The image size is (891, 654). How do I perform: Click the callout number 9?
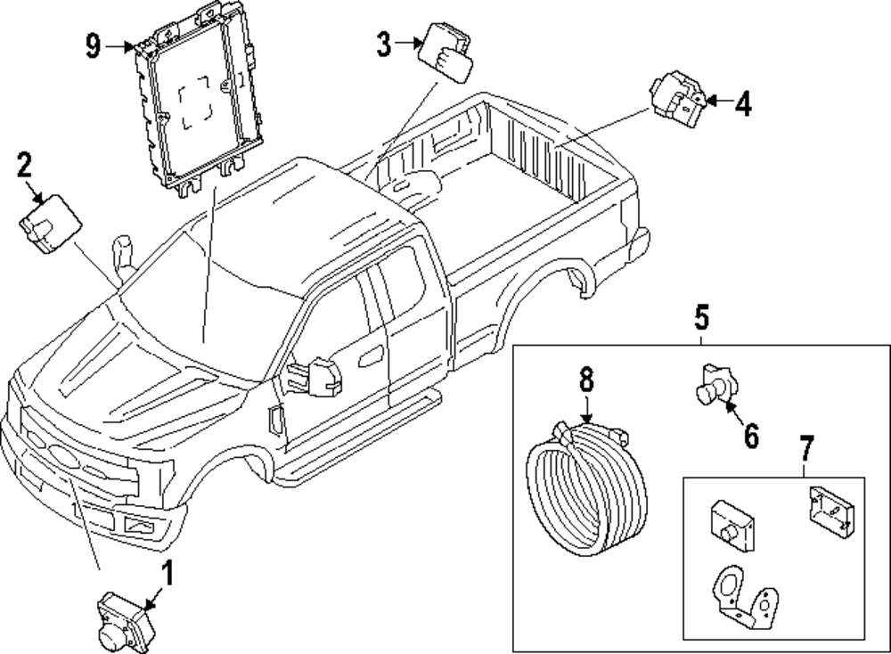[x=94, y=45]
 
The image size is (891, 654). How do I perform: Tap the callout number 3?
[x=383, y=43]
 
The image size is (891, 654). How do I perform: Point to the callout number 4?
[x=742, y=104]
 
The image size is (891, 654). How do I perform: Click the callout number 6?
[x=750, y=436]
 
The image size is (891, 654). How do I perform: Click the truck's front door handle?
[x=368, y=361]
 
